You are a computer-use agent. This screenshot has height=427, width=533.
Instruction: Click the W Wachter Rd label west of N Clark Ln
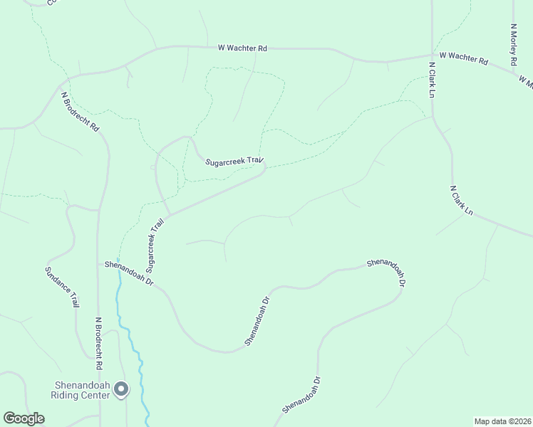coord(242,48)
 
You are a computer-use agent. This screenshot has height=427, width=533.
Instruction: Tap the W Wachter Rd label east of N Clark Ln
coord(464,58)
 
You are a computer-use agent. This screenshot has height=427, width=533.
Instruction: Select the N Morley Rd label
coord(513,46)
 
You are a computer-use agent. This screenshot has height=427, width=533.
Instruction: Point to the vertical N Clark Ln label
coord(432,79)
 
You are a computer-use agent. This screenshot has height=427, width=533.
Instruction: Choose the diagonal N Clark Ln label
coord(462,201)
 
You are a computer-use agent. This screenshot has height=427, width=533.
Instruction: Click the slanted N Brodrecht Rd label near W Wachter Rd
coord(80,111)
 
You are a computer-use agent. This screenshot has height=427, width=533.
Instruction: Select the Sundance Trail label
coord(61,287)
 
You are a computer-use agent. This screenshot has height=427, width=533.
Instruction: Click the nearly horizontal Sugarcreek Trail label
coord(235,162)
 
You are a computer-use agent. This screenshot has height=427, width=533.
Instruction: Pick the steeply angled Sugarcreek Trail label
coord(155,246)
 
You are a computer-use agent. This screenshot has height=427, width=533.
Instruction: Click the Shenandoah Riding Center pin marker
coord(121,389)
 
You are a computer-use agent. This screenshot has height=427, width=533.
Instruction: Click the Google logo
coord(24,418)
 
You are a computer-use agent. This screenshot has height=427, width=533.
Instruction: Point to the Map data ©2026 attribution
coord(502,421)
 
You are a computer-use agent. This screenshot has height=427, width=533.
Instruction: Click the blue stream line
coord(135,349)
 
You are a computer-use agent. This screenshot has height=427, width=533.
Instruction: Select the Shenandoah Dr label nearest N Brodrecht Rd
coord(129,273)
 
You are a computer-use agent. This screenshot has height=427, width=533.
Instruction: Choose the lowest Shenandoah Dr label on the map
coord(301,394)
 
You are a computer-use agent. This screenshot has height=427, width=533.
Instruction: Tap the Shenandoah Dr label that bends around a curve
coord(387,270)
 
